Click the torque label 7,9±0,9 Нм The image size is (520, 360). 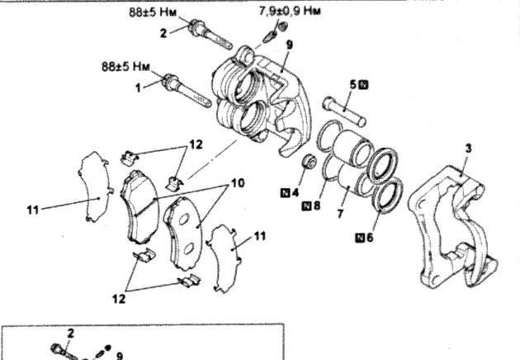pyautogui.click(x=290, y=12)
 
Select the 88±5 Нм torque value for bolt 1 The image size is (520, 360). pyautogui.click(x=125, y=66)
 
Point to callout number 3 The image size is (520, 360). pyautogui.click(x=468, y=149)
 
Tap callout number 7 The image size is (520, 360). pyautogui.click(x=340, y=214)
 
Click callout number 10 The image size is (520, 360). pyautogui.click(x=238, y=183)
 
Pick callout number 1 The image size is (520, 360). pyautogui.click(x=139, y=88)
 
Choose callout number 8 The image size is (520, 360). pyautogui.click(x=316, y=206)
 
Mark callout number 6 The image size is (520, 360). pyautogui.click(x=369, y=237)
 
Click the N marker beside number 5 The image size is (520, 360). pyautogui.click(x=364, y=85)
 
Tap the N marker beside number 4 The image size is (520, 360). pyautogui.click(x=285, y=192)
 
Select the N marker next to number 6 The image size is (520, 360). pyautogui.click(x=360, y=237)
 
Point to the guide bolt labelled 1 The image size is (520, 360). pyautogui.click(x=187, y=91)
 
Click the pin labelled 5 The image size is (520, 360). pyautogui.click(x=344, y=111)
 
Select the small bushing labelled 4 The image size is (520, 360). pyautogui.click(x=309, y=162)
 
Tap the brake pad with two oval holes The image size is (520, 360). pyautogui.click(x=183, y=232)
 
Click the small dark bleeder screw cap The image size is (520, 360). pyautogui.click(x=282, y=26)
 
